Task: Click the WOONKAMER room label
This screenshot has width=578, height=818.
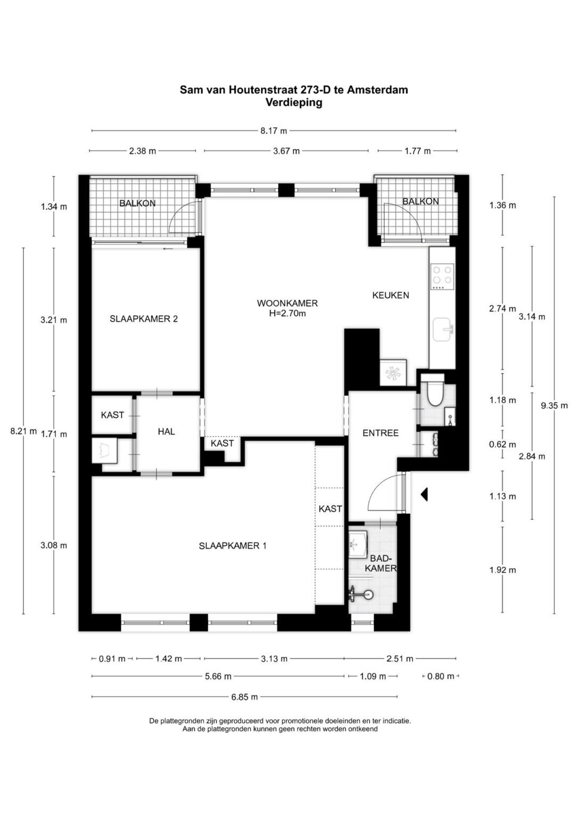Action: point(287,303)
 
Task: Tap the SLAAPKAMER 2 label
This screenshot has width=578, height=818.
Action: point(143,319)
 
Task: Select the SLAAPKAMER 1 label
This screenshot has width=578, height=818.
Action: point(233,545)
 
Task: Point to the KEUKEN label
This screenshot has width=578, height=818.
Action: point(391,295)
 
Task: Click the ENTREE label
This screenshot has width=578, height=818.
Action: point(380,433)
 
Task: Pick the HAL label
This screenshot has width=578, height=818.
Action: point(166,431)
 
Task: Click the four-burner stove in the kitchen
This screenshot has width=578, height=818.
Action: point(442,276)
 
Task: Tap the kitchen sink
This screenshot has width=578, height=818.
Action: point(443,330)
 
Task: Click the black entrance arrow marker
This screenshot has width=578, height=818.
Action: point(424,495)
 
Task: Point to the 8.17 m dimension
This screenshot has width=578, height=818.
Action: point(274,130)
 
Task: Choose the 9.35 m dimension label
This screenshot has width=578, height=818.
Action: point(554,405)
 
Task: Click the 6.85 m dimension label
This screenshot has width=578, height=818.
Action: point(244,697)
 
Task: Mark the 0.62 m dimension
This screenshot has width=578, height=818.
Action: point(502,445)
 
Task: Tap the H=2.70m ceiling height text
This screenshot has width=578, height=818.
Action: point(287,313)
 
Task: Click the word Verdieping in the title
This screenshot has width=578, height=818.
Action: point(294,103)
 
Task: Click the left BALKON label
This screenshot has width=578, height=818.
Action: point(137,203)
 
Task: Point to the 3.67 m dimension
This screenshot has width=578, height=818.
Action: point(286,151)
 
